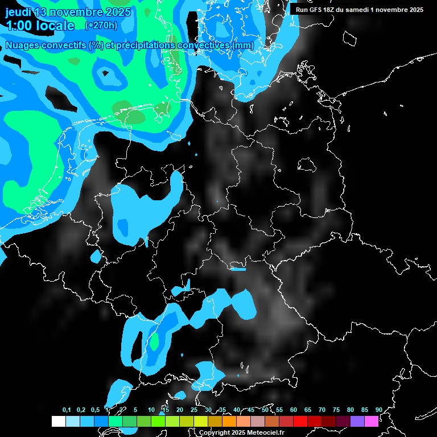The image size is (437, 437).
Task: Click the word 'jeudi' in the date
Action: click(x=18, y=12)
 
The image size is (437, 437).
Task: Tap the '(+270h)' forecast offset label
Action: click(x=101, y=25)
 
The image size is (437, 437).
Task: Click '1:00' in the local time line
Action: click(x=17, y=26)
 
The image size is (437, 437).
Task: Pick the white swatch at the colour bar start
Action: click(x=58, y=421)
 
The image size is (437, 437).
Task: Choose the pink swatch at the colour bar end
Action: click(x=372, y=421)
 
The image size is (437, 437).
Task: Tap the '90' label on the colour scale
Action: click(x=379, y=410)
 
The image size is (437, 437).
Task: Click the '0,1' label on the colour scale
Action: click(x=67, y=410)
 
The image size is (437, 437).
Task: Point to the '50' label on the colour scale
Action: click(x=265, y=410)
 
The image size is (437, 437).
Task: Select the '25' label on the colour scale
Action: click(x=194, y=410)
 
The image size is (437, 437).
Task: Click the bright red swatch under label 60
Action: click(x=300, y=421)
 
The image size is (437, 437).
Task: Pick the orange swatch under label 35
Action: click(x=229, y=421)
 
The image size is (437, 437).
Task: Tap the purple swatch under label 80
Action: click(x=357, y=421)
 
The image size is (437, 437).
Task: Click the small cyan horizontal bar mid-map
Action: click(x=238, y=269)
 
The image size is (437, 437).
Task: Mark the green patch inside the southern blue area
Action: click(x=154, y=341)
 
